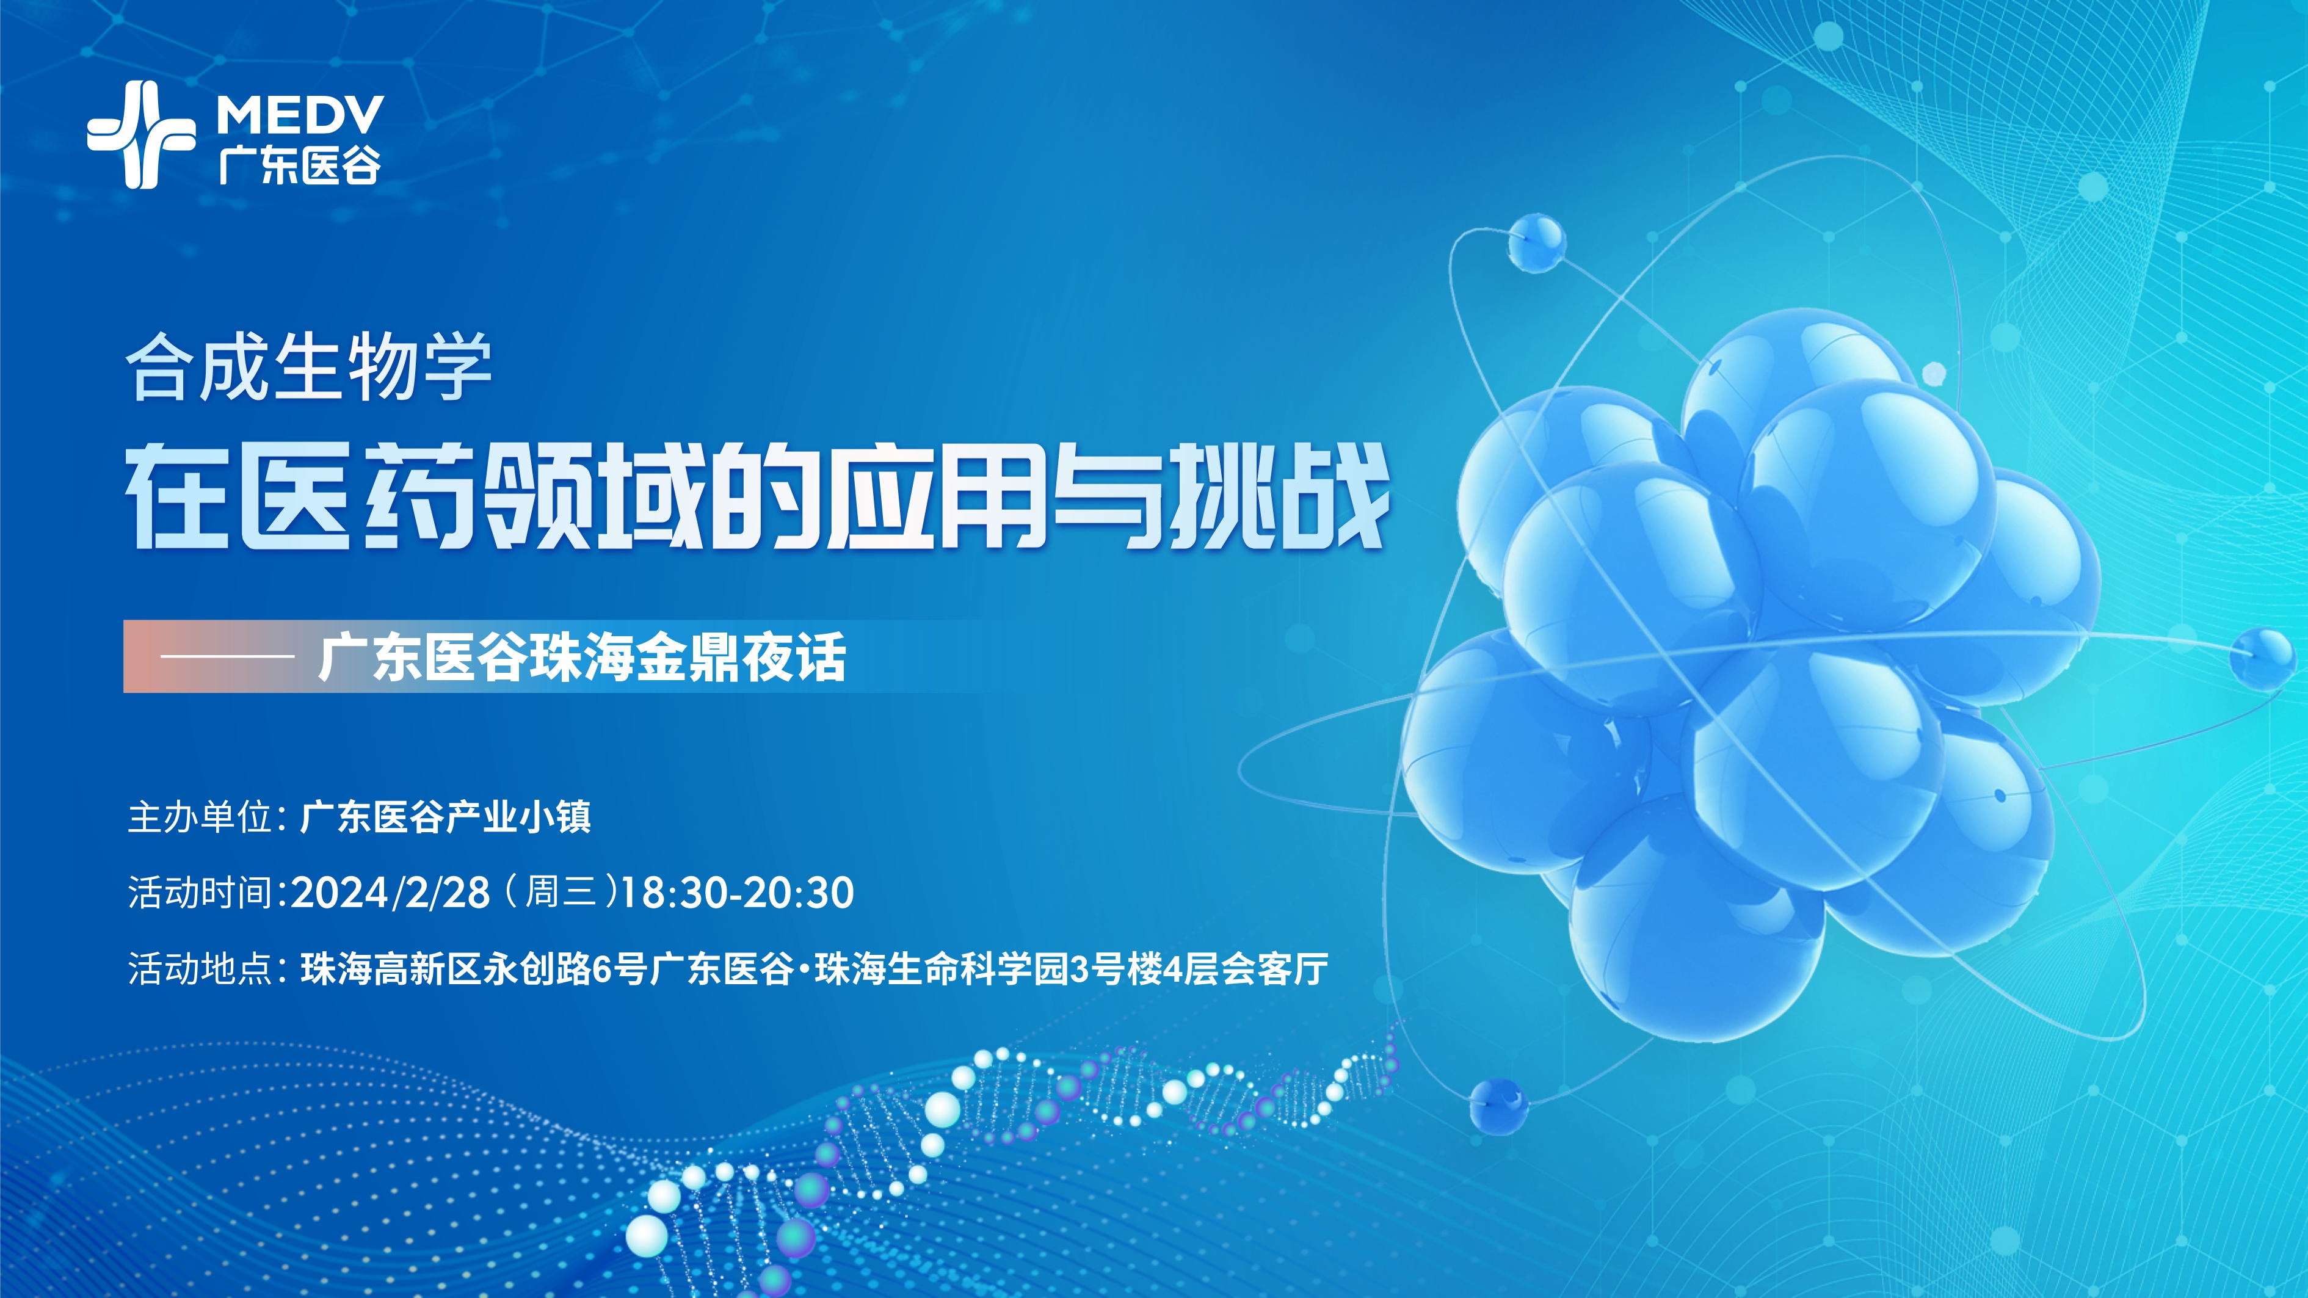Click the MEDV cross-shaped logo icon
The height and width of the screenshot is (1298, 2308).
(x=140, y=134)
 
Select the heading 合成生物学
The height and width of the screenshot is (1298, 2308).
(x=308, y=368)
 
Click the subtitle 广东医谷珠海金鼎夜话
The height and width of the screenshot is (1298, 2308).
(x=582, y=656)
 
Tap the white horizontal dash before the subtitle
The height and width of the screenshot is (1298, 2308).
(x=227, y=656)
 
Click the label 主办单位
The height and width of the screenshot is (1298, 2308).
(x=201, y=817)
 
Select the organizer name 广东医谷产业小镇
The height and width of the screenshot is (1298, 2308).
(x=445, y=817)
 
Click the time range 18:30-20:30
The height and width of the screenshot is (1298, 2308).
(x=736, y=893)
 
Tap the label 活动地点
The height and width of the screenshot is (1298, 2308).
(x=201, y=970)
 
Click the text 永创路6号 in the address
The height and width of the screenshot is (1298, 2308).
(x=564, y=970)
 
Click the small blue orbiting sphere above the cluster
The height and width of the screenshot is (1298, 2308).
(x=1537, y=242)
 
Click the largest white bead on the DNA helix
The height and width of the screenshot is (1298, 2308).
(x=647, y=1236)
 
